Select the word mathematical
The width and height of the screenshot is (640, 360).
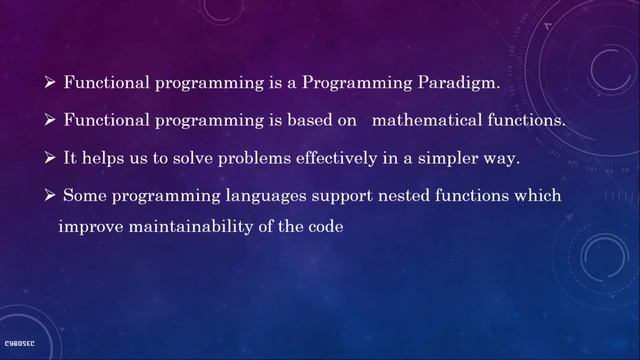point(423,121)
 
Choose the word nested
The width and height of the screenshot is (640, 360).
point(417,195)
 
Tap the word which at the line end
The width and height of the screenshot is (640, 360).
point(539,195)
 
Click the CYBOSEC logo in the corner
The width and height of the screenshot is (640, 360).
point(19,342)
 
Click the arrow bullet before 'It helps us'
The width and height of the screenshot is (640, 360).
point(50,158)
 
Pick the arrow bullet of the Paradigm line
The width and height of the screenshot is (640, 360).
point(50,84)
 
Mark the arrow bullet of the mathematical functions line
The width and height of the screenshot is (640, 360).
point(50,121)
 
